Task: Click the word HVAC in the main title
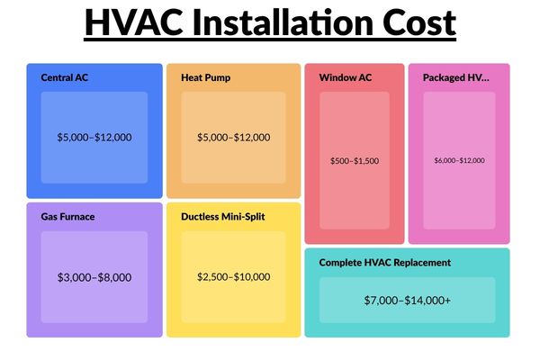[134, 22]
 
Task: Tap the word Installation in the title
[283, 22]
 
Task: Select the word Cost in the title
[419, 22]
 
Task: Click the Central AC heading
[65, 77]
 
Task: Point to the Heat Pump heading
[205, 78]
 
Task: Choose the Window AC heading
[345, 77]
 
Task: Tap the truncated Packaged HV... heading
[456, 78]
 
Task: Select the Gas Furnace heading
[67, 217]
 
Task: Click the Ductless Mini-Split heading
[223, 217]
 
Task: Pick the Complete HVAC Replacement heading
[385, 263]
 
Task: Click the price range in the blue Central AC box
[94, 138]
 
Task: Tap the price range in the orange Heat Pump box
[233, 138]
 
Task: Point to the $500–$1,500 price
[355, 161]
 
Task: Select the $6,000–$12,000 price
[459, 160]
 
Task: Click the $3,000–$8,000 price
[94, 277]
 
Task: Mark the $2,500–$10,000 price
[233, 276]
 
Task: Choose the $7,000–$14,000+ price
[407, 301]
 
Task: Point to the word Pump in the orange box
[219, 78]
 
